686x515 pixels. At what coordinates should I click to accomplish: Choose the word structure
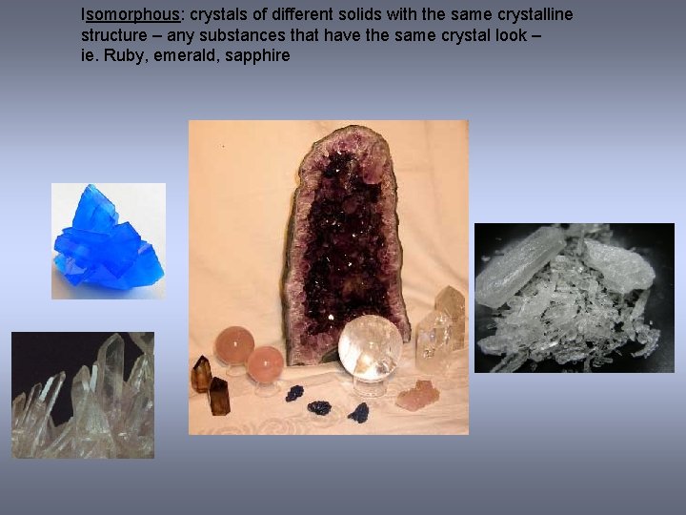113,36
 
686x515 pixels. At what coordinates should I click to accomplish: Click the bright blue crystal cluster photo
108,241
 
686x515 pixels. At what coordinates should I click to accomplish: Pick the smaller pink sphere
266,364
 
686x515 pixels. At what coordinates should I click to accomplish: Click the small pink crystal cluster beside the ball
414,394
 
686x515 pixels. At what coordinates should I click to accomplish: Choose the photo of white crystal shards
575,298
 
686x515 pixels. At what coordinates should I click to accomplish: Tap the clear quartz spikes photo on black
83,395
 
